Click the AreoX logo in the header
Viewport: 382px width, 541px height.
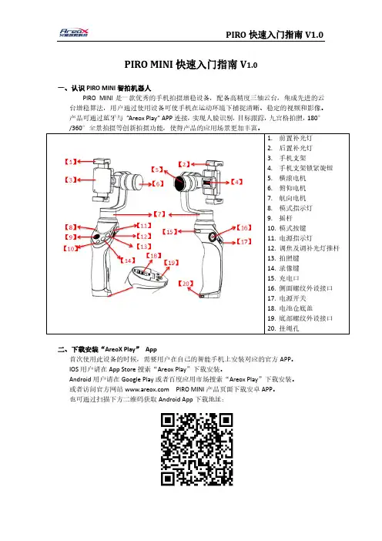pos(74,33)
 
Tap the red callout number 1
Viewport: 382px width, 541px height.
pos(71,161)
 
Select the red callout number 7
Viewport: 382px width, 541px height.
pos(159,214)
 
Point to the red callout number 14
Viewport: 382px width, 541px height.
pos(128,260)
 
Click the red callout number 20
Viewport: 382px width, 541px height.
pos(186,284)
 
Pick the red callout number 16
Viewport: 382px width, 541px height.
pos(244,227)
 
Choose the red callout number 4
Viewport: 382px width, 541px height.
pos(237,182)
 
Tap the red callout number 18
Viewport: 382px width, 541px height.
pos(154,256)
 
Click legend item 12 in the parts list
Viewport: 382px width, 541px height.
pos(303,248)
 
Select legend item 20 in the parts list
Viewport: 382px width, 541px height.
pos(283,328)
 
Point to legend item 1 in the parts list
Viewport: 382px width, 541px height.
pos(290,139)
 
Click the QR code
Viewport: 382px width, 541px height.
pos(197,449)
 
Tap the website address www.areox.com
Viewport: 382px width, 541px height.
pos(147,389)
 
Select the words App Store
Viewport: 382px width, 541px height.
pos(122,369)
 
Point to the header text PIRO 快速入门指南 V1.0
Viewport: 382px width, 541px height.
pos(274,35)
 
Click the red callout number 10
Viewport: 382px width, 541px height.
pos(71,248)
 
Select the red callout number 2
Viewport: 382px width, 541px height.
pos(184,164)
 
